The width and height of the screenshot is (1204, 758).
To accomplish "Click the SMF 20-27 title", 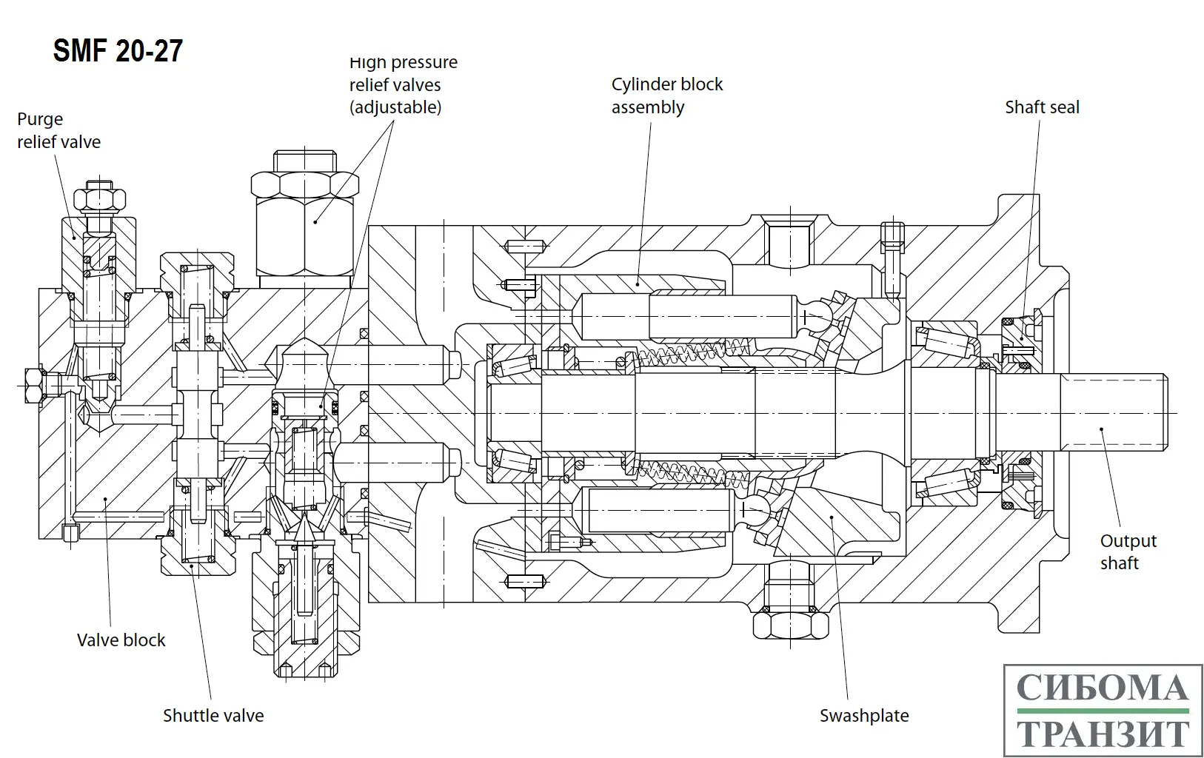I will pyautogui.click(x=118, y=51).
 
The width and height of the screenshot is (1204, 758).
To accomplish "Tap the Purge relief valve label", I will pyautogui.click(x=58, y=130).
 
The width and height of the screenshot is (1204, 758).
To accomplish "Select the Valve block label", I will pyautogui.click(x=121, y=640).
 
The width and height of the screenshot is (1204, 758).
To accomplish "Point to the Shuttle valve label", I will pyautogui.click(x=213, y=716).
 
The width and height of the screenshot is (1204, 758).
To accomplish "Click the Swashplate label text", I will pyautogui.click(x=864, y=716).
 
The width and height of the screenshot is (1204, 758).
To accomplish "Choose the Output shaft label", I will pyautogui.click(x=1128, y=552).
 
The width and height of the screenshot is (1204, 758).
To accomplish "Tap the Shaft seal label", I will pyautogui.click(x=1042, y=107).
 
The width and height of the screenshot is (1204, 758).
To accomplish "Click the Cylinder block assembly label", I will pyautogui.click(x=666, y=95).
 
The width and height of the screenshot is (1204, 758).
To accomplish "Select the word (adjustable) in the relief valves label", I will pyautogui.click(x=395, y=107).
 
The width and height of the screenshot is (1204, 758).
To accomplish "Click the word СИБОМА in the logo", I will pyautogui.click(x=1103, y=688).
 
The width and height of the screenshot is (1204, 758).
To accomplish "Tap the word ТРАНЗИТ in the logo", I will pyautogui.click(x=1103, y=734).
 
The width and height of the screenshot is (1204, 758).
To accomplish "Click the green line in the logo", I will pyautogui.click(x=1103, y=711).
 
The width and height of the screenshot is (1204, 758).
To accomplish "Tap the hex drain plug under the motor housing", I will pyautogui.click(x=790, y=624).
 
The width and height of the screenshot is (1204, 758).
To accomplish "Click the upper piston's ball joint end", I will pyautogui.click(x=817, y=316).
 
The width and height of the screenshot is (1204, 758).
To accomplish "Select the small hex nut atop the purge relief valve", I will pyautogui.click(x=99, y=198).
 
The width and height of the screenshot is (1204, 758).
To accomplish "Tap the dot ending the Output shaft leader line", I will pyautogui.click(x=1101, y=429).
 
